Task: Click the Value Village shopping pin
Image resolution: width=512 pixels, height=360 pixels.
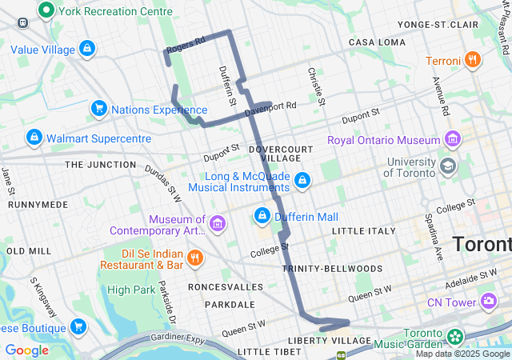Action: click(86, 49)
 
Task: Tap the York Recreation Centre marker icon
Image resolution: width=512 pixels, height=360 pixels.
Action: click(46, 11)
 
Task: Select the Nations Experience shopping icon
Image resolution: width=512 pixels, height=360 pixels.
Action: click(99, 108)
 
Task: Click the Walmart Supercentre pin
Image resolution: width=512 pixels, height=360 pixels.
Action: click(34, 138)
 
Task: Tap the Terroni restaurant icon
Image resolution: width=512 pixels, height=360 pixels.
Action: click(473, 59)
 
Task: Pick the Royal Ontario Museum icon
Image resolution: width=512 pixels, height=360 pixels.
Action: click(454, 138)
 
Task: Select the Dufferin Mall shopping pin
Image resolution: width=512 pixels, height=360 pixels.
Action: click(262, 215)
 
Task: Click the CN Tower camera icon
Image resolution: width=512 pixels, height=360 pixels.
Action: click(487, 301)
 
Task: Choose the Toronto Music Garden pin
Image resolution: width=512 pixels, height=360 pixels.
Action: click(456, 336)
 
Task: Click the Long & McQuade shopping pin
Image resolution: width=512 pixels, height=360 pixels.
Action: click(302, 181)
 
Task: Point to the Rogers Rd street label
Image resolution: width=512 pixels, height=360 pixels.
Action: click(186, 45)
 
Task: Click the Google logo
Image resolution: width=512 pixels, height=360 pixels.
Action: click(27, 350)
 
